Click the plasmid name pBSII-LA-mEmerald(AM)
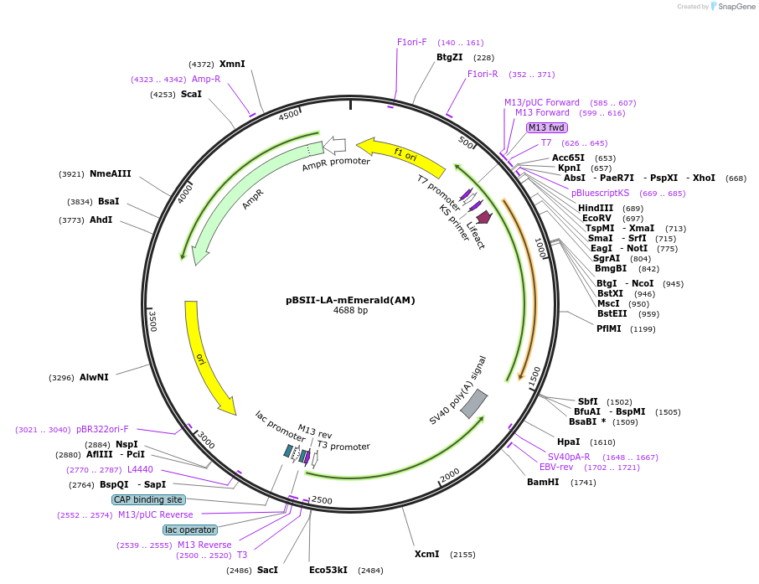350,299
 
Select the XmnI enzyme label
232,64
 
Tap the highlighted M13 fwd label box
546,127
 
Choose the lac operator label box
190,530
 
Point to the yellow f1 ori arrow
400,154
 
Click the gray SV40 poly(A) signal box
474,403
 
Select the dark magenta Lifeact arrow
483,216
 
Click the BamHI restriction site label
543,482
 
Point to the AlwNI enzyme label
94,377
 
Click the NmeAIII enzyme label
111,174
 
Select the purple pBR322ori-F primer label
102,429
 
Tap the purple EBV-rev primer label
556,467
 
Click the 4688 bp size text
350,311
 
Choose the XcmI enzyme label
426,554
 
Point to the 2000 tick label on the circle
450,474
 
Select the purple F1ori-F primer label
411,42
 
